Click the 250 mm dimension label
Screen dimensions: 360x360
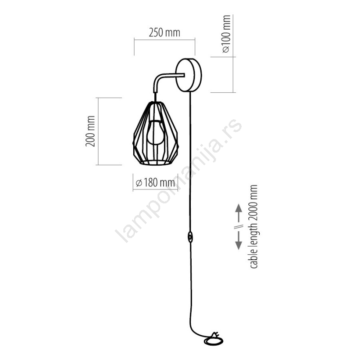164,32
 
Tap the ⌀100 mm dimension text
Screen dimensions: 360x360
226,34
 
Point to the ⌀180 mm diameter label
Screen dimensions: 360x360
155,183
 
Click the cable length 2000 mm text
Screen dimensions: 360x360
253,227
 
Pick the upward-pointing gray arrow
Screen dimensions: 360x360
239,213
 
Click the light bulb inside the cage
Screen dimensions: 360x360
155,132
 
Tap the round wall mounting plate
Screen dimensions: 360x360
189,75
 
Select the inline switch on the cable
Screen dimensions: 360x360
190,237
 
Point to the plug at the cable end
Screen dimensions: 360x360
215,335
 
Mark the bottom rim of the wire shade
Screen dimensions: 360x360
156,162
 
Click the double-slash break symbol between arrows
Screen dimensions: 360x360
239,227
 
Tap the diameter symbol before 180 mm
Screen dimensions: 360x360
139,183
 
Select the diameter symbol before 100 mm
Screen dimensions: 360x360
226,49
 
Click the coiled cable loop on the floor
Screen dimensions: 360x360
213,342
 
